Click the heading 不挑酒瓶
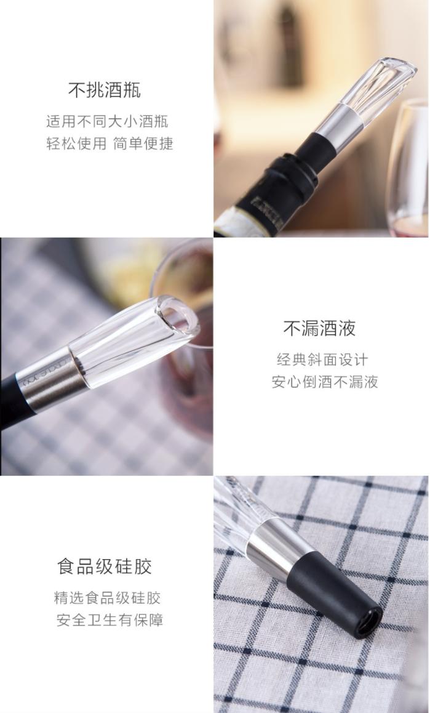104,90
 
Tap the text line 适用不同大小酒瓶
107,121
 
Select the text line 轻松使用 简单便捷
109,143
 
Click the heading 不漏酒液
319,328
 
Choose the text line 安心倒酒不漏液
325,382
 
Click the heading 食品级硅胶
104,566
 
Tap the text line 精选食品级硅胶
107,598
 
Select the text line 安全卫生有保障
109,620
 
